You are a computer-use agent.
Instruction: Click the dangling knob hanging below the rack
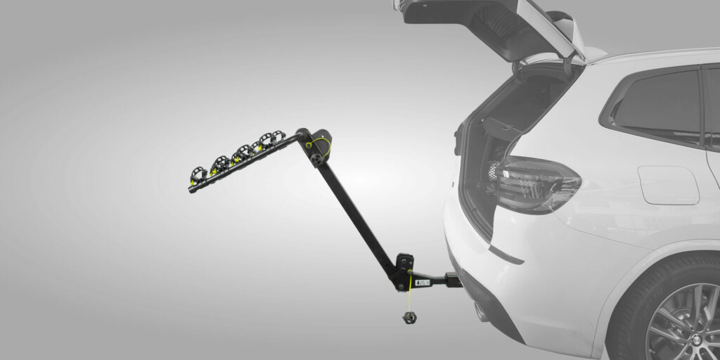click(x=409, y=317)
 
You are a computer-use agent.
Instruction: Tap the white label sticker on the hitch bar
click(x=423, y=283)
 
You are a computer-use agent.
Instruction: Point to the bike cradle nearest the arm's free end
click(x=199, y=173)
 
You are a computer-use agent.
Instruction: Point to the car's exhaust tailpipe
click(x=483, y=309)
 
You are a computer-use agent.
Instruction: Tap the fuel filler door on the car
click(x=667, y=185)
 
